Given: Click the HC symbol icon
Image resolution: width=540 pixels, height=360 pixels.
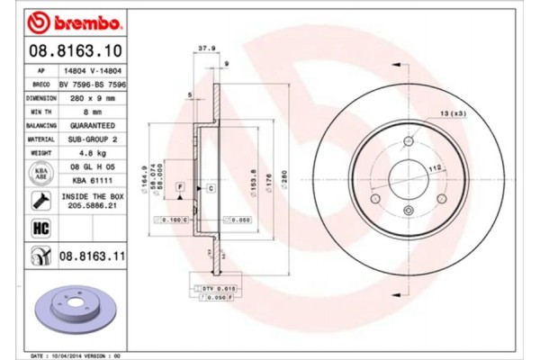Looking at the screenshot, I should (x=40, y=228).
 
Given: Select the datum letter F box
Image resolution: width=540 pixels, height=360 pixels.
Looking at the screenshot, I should (x=181, y=186).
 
